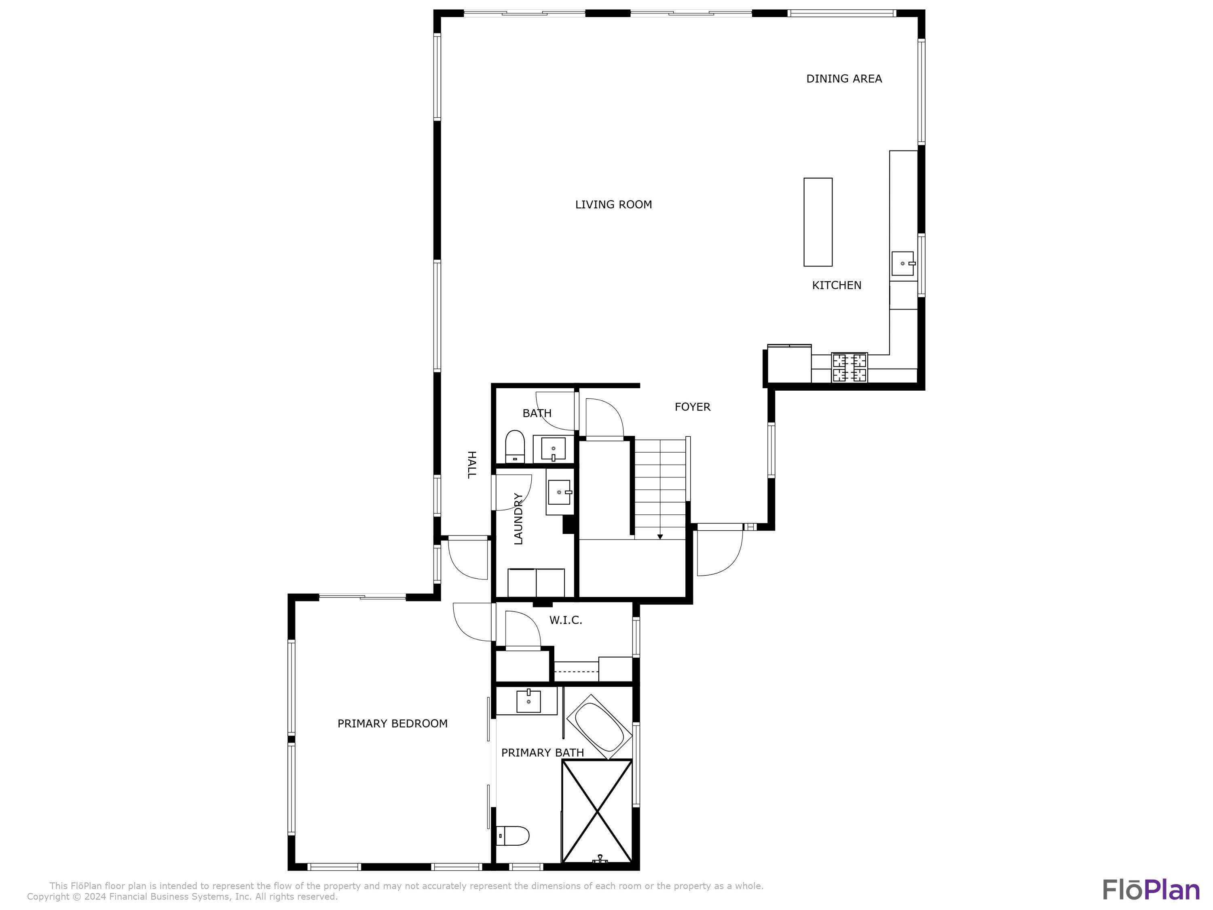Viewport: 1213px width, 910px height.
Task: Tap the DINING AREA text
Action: (x=844, y=79)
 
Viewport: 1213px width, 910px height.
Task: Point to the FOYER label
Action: (x=692, y=407)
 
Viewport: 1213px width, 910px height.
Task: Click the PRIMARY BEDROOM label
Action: (x=392, y=724)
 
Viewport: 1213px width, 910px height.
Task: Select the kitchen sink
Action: (x=902, y=263)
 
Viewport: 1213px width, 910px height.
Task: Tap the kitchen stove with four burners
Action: (x=850, y=368)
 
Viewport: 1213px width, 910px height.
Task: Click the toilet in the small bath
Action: (x=515, y=447)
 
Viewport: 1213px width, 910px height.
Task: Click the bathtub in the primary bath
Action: (x=599, y=727)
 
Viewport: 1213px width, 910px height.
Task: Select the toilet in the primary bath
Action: (x=513, y=836)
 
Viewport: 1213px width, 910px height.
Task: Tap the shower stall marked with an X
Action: (x=597, y=811)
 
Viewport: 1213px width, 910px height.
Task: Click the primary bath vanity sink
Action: (x=528, y=701)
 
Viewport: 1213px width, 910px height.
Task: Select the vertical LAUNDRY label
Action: (x=518, y=518)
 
